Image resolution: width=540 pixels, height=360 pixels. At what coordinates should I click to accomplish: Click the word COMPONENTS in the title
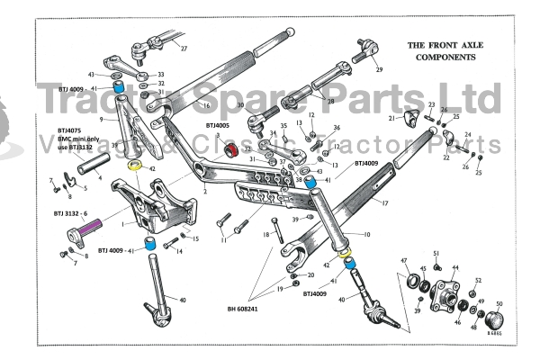pos(441,56)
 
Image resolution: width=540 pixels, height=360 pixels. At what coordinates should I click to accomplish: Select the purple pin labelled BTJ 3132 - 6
pos(87,230)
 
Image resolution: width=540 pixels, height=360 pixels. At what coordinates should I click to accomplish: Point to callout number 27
pos(184,48)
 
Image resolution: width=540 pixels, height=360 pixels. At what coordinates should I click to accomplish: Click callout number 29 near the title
pos(379,69)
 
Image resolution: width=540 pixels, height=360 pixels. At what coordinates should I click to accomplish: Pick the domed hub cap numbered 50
pos(495,319)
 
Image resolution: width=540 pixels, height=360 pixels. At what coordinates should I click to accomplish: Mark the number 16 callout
pos(206,105)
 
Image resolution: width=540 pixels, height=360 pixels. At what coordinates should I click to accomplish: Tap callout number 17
pos(384,205)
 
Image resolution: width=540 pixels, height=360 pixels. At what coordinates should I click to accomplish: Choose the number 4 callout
pos(99,176)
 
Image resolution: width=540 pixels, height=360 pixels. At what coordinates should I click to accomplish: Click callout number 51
pos(436,254)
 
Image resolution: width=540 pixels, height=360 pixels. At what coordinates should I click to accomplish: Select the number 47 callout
pos(404,261)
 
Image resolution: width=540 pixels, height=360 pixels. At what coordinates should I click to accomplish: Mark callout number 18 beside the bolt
pos(266,235)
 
